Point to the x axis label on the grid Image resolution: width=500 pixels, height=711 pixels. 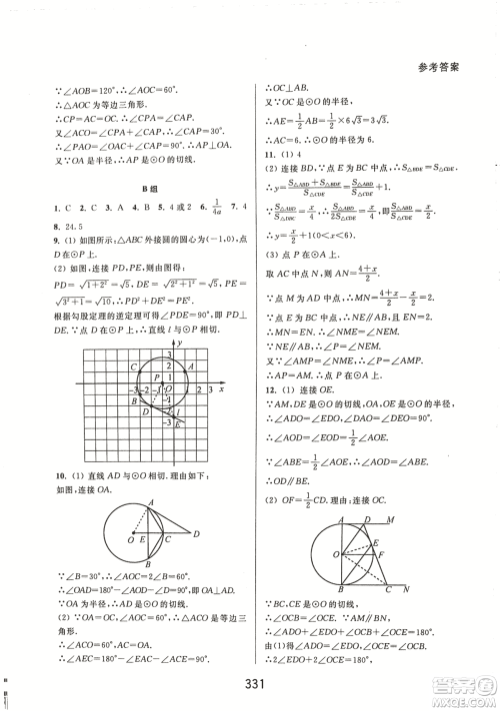[219, 387]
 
